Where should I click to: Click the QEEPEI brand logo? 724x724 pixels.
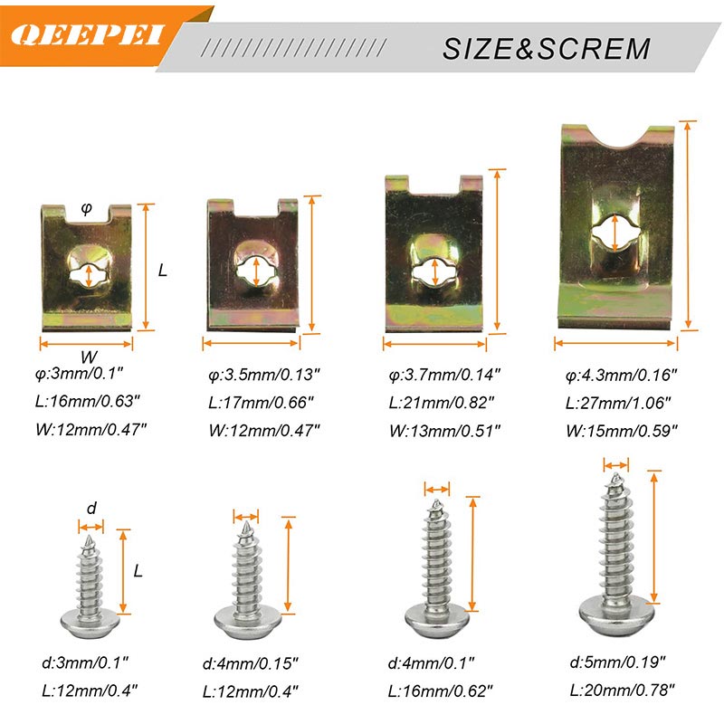87,35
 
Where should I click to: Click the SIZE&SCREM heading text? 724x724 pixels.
547,49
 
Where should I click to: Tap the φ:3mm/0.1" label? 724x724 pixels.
80,373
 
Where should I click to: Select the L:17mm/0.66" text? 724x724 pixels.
261,402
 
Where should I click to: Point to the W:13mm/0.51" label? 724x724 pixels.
444,431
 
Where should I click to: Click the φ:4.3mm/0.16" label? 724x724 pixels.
621,375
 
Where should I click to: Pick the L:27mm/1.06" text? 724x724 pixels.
618,403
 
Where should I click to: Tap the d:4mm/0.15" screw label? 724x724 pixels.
251,663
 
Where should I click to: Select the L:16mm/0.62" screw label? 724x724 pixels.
441,691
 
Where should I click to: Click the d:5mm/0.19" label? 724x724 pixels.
617,662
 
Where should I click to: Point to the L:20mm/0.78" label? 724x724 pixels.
622,691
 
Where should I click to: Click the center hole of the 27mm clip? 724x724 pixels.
615,233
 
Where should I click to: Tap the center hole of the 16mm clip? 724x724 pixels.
89,276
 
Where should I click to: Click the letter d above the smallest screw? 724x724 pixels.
91,508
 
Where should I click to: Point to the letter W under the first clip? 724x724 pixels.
89,357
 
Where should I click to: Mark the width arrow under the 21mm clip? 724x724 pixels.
434,344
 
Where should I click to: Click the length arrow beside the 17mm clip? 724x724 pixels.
312,263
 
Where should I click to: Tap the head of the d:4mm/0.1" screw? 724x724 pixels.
437,620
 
